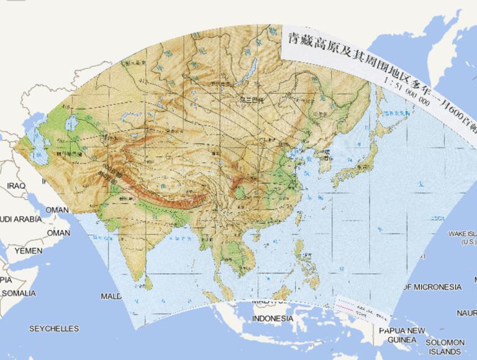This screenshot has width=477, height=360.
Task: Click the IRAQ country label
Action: point(16,186)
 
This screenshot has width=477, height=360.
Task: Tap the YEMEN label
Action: point(29,251)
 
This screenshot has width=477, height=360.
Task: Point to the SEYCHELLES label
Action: point(54,328)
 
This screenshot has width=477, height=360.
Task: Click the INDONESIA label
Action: point(273,318)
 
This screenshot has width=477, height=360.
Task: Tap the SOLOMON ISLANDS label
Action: point(445,346)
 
